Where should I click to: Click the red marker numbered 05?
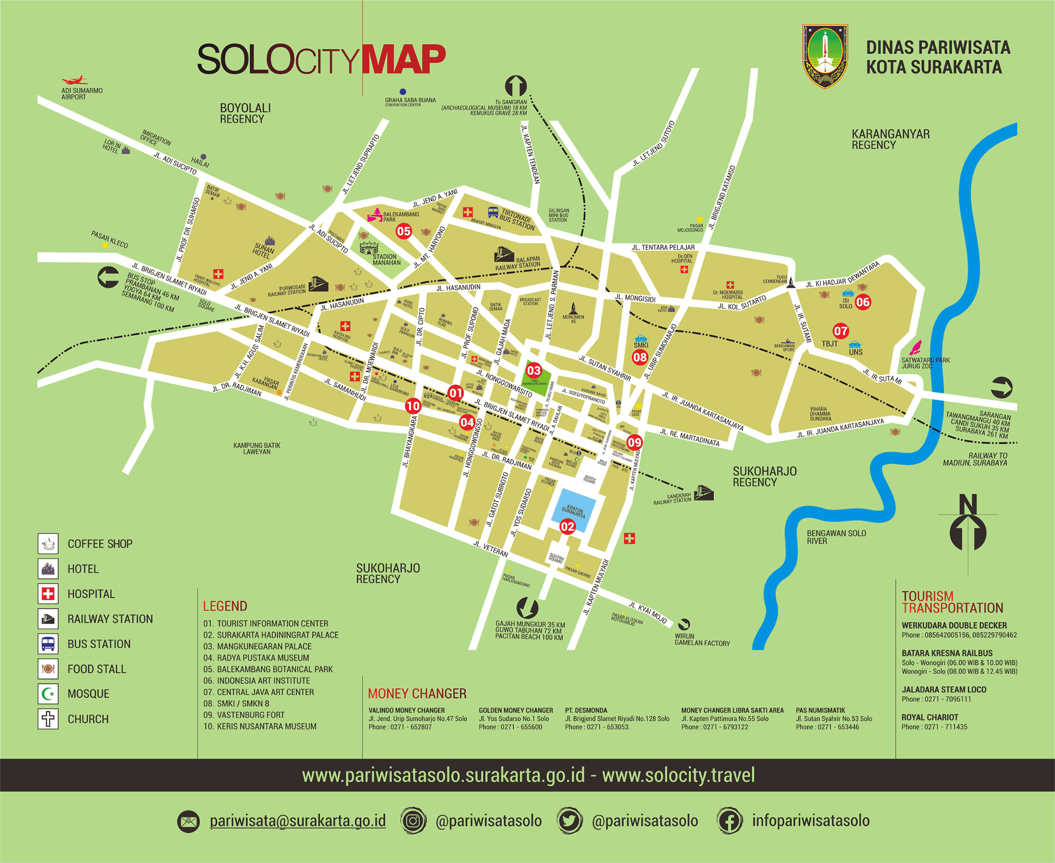click(x=403, y=231)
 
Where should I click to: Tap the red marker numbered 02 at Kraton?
click(x=567, y=526)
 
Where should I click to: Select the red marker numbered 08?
click(x=640, y=357)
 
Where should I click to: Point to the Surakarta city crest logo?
click(x=825, y=57)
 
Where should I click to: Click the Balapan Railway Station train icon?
click(x=504, y=253)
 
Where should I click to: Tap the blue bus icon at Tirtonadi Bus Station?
click(x=493, y=212)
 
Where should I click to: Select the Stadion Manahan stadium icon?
click(x=369, y=248)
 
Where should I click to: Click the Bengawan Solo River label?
click(x=836, y=537)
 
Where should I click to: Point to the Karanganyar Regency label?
click(x=890, y=139)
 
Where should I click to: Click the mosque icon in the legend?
click(x=48, y=694)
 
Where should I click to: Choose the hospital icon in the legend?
click(x=48, y=594)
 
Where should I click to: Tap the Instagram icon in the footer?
click(x=413, y=821)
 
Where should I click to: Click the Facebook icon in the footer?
click(x=729, y=821)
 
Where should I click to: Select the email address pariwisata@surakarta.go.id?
click(x=297, y=821)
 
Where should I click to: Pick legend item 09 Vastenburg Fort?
click(x=244, y=715)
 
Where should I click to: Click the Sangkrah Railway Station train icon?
click(x=703, y=493)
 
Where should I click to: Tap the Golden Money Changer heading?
click(x=515, y=710)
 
